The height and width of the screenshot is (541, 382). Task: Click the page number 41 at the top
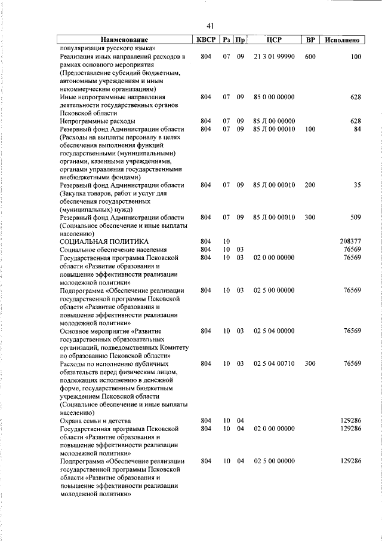click(x=210, y=26)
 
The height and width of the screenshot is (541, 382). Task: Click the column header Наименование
click(x=125, y=40)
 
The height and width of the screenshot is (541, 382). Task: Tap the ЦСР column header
click(x=274, y=40)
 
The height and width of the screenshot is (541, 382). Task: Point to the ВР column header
click(x=310, y=40)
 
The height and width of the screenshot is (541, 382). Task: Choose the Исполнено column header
click(x=343, y=40)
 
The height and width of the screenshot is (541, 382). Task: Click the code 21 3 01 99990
click(x=274, y=57)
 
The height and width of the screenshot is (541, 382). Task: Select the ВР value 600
click(x=310, y=57)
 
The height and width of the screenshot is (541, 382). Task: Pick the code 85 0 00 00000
click(x=274, y=97)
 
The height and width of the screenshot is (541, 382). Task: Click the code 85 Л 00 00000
click(x=274, y=121)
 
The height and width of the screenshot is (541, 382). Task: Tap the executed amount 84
click(x=357, y=129)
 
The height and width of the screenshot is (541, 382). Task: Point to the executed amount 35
click(x=357, y=185)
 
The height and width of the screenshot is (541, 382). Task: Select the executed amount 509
click(x=355, y=218)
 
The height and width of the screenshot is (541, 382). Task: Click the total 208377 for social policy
click(x=349, y=242)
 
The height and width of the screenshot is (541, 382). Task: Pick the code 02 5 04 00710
click(x=274, y=363)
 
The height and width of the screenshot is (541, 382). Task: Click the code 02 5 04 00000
click(x=274, y=331)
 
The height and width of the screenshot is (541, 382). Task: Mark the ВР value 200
click(x=310, y=185)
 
